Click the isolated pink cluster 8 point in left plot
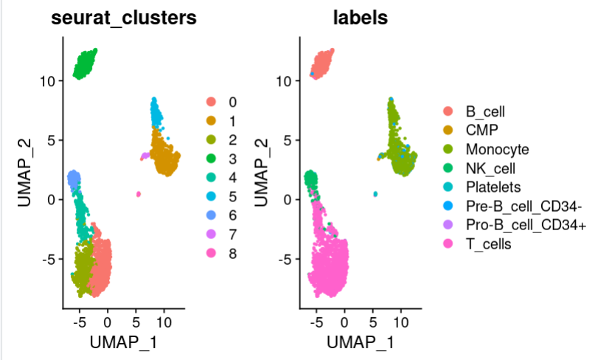point(138,194)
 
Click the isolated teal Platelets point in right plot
point(375,194)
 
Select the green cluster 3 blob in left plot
point(85,64)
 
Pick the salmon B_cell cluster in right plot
point(322,64)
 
